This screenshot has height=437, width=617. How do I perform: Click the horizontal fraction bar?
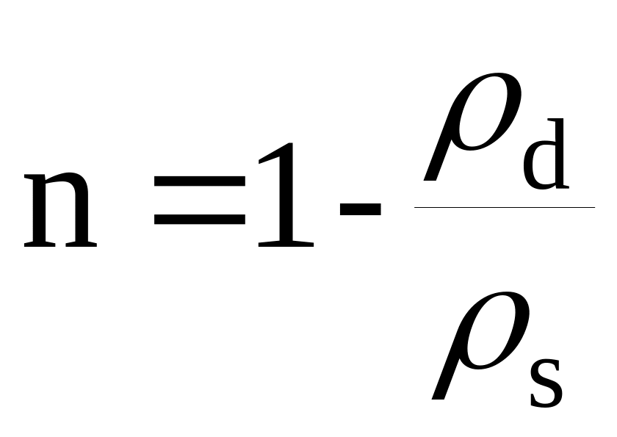pyautogui.click(x=504, y=207)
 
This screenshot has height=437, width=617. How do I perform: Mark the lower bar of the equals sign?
pyautogui.click(x=198, y=220)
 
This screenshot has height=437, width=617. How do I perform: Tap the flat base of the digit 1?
pyautogui.click(x=286, y=245)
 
